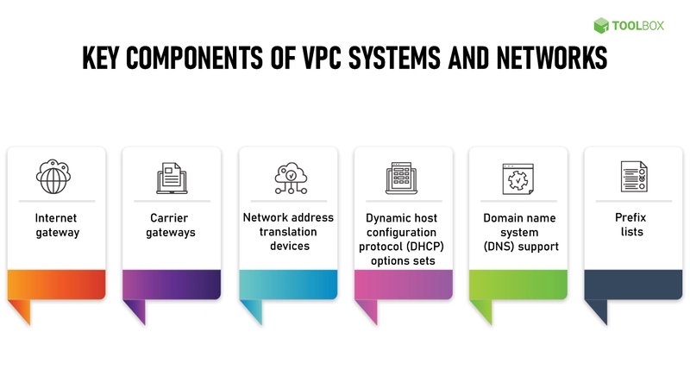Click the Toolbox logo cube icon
tap(600, 26)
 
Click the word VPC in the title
tap(321, 58)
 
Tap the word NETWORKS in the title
tap(552, 58)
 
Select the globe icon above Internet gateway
tap(53, 177)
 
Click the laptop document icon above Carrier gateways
tap(172, 178)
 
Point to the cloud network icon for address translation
tap(291, 178)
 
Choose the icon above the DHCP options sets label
tap(401, 178)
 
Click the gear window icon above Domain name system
tap(518, 178)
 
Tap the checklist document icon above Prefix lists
tap(634, 177)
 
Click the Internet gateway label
tap(56, 225)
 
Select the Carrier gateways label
tap(170, 225)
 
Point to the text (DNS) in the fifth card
tap(499, 247)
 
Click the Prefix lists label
tap(631, 224)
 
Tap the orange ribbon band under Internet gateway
tap(56, 285)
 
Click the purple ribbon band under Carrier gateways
tap(172, 285)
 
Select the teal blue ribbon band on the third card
tap(288, 285)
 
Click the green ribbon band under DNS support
tap(518, 285)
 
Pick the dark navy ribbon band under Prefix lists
tap(633, 285)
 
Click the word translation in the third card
tap(288, 232)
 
